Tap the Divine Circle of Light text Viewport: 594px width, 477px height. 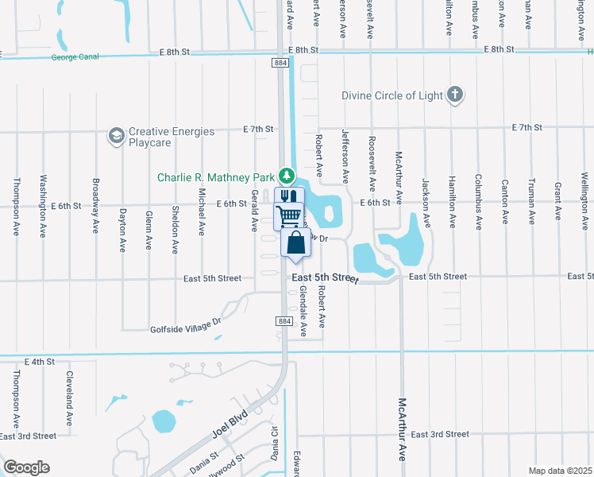pyautogui.click(x=391, y=95)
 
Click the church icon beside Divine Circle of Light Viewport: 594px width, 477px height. pyautogui.click(x=454, y=95)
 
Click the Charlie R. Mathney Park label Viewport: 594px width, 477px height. pyautogui.click(x=215, y=177)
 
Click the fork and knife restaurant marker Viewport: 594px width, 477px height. pyautogui.click(x=287, y=197)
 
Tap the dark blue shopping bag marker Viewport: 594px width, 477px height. pyautogui.click(x=295, y=242)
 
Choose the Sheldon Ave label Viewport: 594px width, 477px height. pyautogui.click(x=175, y=230)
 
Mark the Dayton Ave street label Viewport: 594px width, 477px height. pyautogui.click(x=122, y=230)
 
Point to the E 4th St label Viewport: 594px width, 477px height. pyautogui.click(x=40, y=362)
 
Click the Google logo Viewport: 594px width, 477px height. pyautogui.click(x=26, y=467)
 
